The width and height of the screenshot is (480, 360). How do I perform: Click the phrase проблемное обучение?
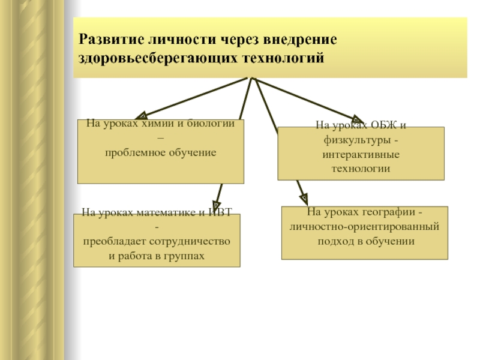tap(161, 153)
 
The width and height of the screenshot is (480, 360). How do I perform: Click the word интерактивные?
tap(361, 155)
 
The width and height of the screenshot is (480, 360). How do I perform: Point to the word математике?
tap(166, 212)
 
